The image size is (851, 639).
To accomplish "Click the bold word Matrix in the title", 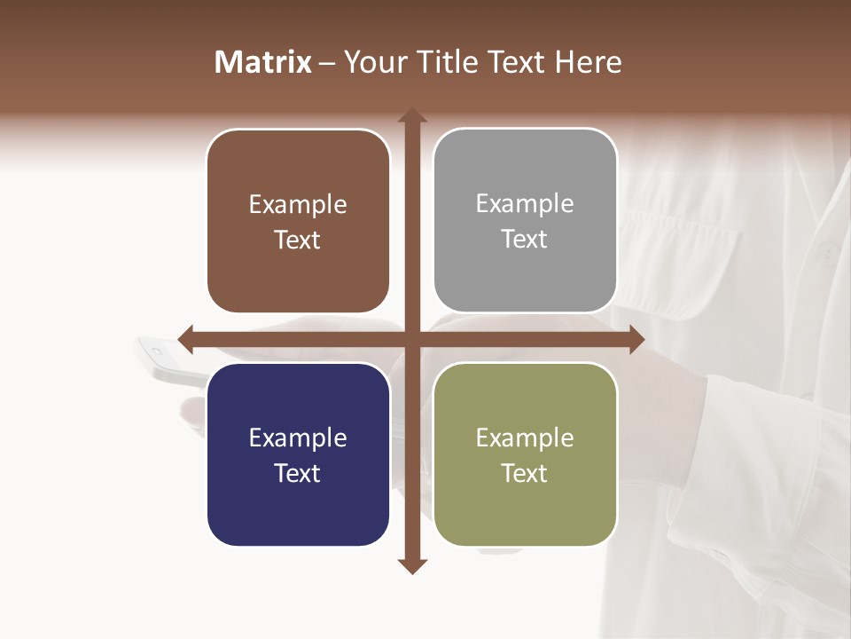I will [263, 62].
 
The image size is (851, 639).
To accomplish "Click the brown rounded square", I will [298, 222].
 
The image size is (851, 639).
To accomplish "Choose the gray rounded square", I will [525, 221].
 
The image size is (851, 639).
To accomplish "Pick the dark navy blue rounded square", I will [298, 454].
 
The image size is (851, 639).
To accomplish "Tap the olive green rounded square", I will [525, 454].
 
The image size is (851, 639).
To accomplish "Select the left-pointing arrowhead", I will [185, 339].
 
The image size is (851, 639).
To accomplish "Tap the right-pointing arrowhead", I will [637, 339].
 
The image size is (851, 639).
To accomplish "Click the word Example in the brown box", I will [298, 205].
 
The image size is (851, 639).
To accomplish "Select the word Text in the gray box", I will [525, 240].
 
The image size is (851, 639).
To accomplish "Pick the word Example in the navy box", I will [298, 438].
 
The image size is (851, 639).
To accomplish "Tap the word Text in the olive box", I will [525, 473].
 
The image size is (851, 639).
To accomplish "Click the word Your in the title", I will [371, 62].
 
